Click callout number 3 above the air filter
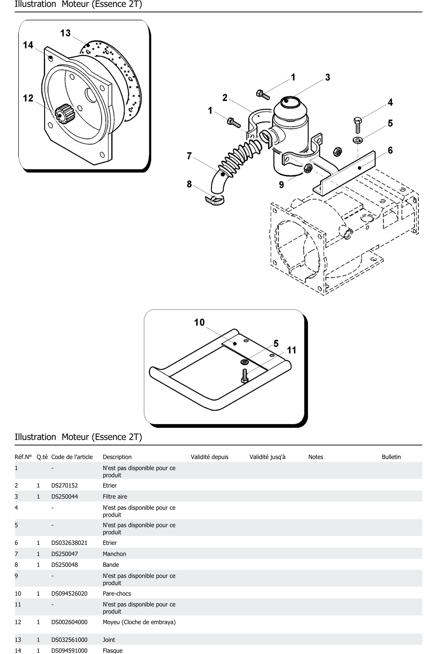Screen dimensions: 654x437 327,77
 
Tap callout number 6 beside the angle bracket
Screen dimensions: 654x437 390,150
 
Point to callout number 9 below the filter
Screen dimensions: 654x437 282,185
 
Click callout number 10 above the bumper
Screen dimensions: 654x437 199,322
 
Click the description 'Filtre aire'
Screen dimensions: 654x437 115,497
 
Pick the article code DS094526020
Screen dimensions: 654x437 69,594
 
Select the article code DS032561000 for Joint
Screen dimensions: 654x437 69,640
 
